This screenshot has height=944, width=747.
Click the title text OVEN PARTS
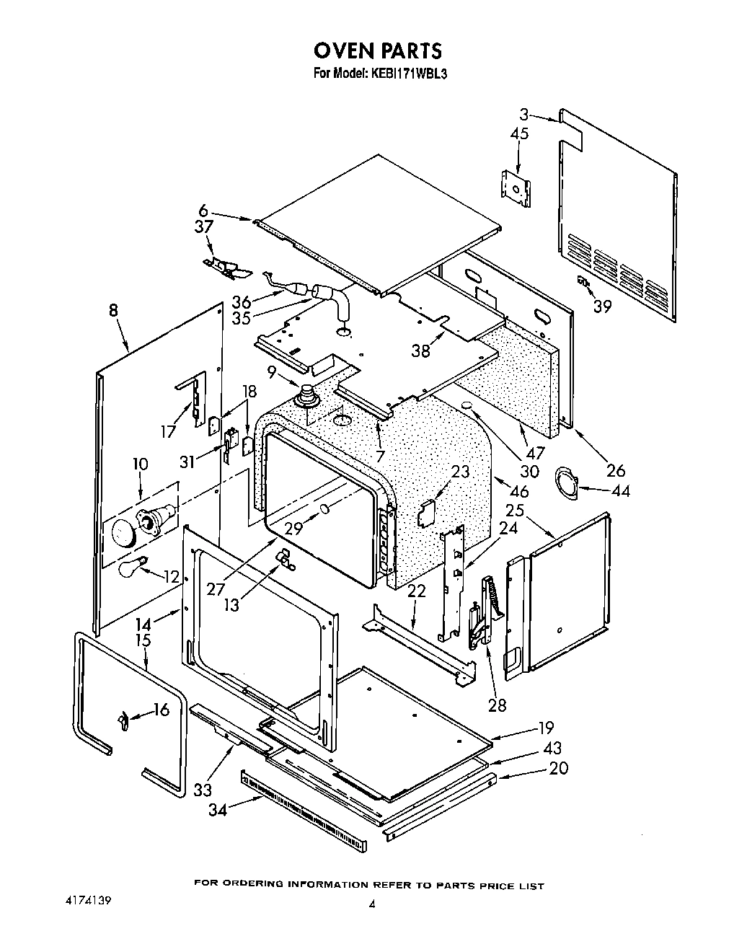377,50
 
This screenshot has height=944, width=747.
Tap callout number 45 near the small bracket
519,133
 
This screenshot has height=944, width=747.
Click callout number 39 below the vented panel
602,306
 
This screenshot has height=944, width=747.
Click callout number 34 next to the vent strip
217,810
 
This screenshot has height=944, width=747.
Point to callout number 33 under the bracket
203,790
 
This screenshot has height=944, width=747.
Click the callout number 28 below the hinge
498,705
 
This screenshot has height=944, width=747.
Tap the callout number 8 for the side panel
113,312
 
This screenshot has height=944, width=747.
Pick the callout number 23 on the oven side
460,472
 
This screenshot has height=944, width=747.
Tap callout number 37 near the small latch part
204,226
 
